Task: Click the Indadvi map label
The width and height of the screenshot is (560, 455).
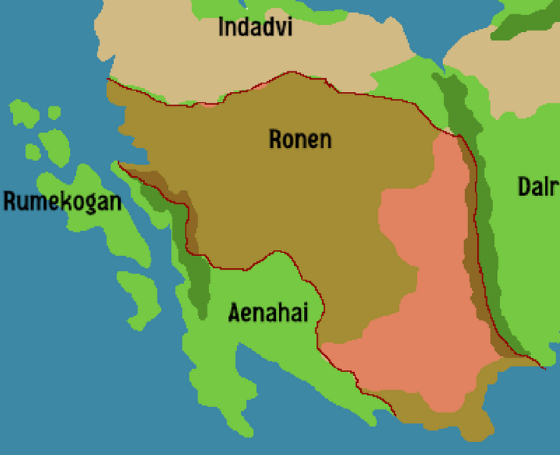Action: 255,27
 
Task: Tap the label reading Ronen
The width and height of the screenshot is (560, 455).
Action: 300,140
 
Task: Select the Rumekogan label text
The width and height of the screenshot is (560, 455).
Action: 62,203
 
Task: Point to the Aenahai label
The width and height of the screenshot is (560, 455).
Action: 268,311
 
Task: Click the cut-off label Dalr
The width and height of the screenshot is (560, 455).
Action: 538,187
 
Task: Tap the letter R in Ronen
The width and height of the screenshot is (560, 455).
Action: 276,140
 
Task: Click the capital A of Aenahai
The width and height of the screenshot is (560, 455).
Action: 235,311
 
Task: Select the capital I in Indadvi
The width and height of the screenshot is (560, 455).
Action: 222,27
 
